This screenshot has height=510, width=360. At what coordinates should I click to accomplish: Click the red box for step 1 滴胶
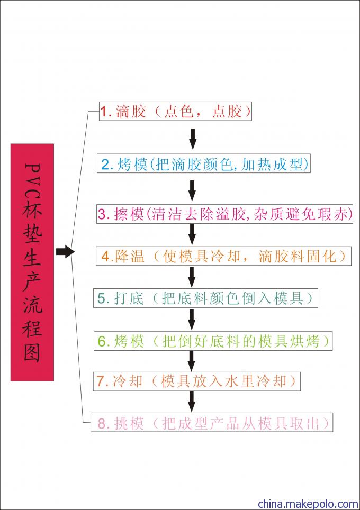[175, 111]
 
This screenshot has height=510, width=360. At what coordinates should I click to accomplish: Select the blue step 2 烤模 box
[203, 164]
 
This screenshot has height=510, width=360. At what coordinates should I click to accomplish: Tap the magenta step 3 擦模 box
[224, 214]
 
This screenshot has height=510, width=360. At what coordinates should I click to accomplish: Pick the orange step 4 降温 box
[223, 256]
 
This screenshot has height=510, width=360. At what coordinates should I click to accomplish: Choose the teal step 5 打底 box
[206, 298]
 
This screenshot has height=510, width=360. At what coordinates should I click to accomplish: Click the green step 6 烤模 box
[213, 341]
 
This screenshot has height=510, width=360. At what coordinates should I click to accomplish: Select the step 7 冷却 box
[196, 381]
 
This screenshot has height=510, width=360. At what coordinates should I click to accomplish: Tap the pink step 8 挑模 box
[212, 423]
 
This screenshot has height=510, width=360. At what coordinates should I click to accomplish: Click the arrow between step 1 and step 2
[193, 139]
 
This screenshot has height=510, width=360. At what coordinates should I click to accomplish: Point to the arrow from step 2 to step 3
[192, 190]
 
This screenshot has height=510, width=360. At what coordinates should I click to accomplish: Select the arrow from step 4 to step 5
[192, 277]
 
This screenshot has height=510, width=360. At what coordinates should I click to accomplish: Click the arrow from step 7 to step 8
[192, 402]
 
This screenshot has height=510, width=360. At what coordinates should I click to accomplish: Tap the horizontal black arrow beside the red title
[65, 251]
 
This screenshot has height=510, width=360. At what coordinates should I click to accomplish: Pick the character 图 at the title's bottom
[32, 352]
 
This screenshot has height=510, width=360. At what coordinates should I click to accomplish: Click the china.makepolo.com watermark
[308, 504]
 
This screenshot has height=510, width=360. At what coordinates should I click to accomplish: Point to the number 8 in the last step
[102, 423]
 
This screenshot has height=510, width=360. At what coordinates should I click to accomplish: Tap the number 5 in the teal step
[101, 298]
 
